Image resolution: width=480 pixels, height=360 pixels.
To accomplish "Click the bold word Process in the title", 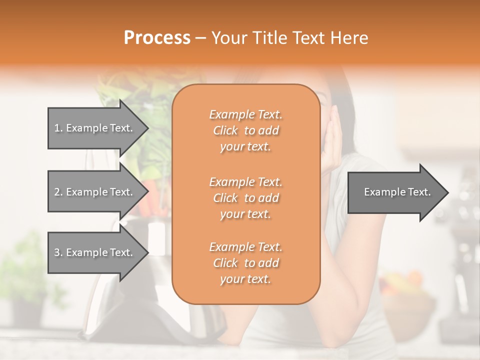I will [157, 38].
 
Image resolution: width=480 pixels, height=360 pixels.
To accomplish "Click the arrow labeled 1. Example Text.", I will [95, 128].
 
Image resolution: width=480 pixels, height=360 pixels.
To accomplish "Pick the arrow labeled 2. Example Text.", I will [95, 192].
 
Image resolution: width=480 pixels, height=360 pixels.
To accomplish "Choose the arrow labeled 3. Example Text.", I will [95, 252].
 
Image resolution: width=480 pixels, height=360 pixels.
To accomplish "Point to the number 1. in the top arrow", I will [58, 128].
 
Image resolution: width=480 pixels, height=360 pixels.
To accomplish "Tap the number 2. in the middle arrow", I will [58, 192].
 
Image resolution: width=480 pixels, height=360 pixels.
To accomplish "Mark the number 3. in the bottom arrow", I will [58, 252].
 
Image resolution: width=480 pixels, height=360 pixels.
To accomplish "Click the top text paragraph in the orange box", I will [245, 130].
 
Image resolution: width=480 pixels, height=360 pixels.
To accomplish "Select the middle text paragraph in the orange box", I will [245, 198].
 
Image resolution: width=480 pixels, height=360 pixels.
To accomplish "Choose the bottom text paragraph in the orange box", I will [245, 263].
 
